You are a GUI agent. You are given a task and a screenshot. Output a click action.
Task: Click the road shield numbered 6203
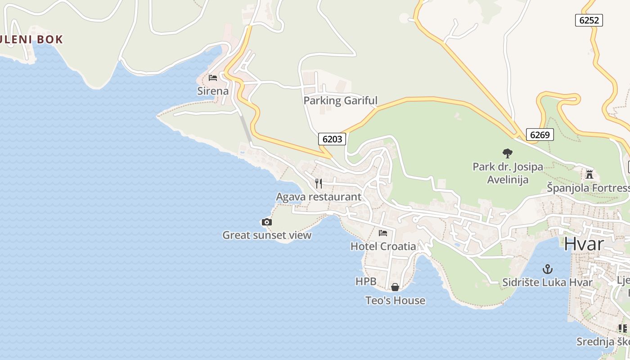click(x=333, y=139)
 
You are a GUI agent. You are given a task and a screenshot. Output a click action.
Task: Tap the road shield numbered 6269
click(x=539, y=135)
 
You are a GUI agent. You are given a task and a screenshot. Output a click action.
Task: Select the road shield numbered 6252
click(x=589, y=20)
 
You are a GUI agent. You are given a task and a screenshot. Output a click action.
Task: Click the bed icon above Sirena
click(x=213, y=78)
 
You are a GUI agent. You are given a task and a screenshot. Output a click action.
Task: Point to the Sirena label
click(x=213, y=91)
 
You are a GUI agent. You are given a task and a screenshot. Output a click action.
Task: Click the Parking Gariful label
click(x=340, y=100)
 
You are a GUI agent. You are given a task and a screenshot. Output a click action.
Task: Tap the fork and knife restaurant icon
click(x=319, y=183)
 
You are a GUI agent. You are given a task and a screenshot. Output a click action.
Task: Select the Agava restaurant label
click(x=319, y=197)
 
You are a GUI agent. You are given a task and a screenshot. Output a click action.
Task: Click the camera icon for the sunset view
click(x=267, y=222)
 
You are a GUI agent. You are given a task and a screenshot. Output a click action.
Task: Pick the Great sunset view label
click(x=267, y=235)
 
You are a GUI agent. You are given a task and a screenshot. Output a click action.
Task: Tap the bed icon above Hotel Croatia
click(x=383, y=233)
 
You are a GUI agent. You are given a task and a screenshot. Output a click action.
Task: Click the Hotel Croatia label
click(x=383, y=246)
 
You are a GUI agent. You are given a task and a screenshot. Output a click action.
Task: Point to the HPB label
click(x=366, y=282)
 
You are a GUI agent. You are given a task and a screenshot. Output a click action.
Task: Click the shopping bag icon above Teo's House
click(x=395, y=287)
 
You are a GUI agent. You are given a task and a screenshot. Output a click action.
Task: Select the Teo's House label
click(x=395, y=300)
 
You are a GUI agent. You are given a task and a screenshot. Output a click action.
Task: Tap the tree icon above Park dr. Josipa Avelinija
click(x=508, y=153)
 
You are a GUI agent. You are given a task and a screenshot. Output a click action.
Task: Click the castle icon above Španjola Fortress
click(x=589, y=174)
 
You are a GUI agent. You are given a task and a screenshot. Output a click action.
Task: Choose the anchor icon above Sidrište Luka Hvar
click(x=548, y=269)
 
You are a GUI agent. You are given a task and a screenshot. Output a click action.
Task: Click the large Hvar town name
click(x=584, y=244)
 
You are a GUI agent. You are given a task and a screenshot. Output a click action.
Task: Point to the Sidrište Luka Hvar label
click(x=548, y=283)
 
